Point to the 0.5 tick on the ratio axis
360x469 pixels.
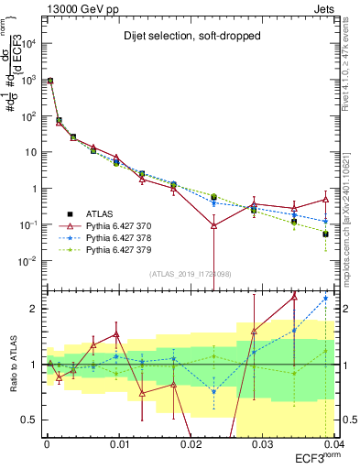click(x=29, y=420)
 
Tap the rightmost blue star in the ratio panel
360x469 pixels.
click(x=325, y=299)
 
